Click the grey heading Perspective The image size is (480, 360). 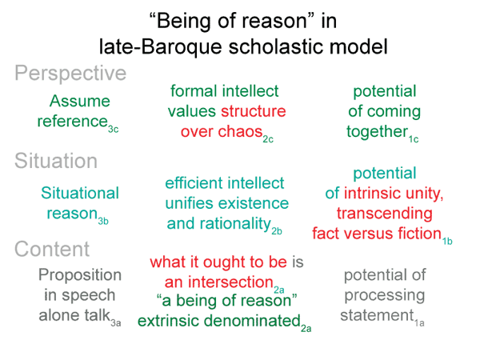[70, 74]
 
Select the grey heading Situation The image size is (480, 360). [56, 161]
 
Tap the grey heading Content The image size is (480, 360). [52, 249]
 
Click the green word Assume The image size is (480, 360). [79, 101]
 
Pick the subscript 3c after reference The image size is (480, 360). [113, 129]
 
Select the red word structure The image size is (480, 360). [254, 111]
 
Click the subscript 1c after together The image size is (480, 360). [414, 139]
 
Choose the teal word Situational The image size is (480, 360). [80, 193]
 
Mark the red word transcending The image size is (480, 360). [385, 213]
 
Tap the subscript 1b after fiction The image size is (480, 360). [447, 242]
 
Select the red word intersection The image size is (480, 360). [230, 282]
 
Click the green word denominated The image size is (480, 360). [252, 321]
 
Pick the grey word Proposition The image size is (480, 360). [80, 275]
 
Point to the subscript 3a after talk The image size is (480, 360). [116, 323]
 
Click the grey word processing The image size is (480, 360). [385, 296]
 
